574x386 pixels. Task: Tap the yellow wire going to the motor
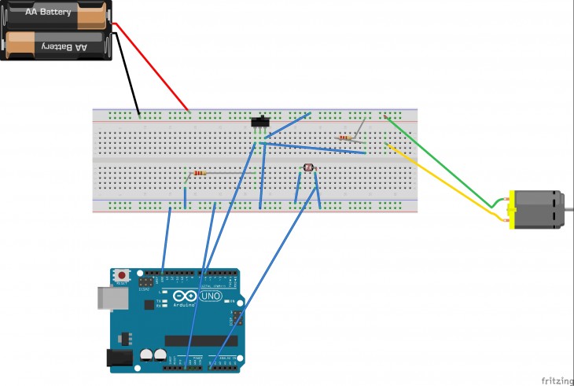point(448,182)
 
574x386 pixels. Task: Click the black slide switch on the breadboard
point(260,122)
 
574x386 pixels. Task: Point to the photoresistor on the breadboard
point(308,167)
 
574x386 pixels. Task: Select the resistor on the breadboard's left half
point(199,173)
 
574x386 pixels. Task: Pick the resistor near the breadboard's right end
point(345,138)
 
